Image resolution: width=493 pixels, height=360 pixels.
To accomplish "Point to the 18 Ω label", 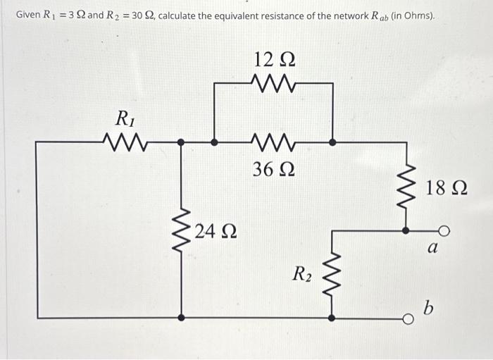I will pos(447,189).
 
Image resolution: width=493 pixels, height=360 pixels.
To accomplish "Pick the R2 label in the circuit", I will pos(304,273).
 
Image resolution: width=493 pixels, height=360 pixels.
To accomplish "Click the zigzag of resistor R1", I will pos(125,142).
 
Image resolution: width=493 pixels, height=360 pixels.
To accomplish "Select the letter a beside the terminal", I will pos(434,248).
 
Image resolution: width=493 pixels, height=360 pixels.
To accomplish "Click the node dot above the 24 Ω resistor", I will pos(182,142).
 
